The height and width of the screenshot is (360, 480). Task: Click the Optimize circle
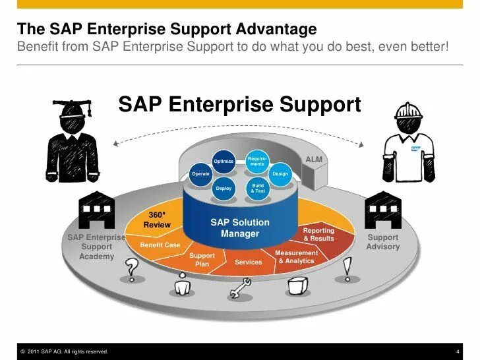pyautogui.click(x=224, y=161)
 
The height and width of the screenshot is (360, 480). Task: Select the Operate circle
pyautogui.click(x=200, y=174)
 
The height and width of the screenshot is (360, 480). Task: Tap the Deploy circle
pyautogui.click(x=224, y=189)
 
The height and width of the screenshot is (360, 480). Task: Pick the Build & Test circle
pyautogui.click(x=258, y=188)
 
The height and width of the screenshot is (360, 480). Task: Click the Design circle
pyautogui.click(x=280, y=173)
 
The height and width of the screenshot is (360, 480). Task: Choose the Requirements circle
pyautogui.click(x=257, y=161)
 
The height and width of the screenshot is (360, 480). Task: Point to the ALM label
pyautogui.click(x=314, y=160)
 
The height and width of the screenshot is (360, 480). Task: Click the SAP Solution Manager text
pyautogui.click(x=239, y=228)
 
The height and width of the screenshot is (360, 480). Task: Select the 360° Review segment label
pyautogui.click(x=156, y=220)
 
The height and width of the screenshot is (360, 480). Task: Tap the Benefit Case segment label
pyautogui.click(x=160, y=245)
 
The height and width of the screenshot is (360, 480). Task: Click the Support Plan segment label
pyautogui.click(x=202, y=260)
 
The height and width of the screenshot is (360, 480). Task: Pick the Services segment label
pyautogui.click(x=248, y=262)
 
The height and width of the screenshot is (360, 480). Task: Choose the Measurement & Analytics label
pyautogui.click(x=296, y=256)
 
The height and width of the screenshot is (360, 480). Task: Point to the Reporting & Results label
pyautogui.click(x=318, y=234)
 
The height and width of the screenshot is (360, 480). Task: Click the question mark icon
pyautogui.click(x=133, y=268)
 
